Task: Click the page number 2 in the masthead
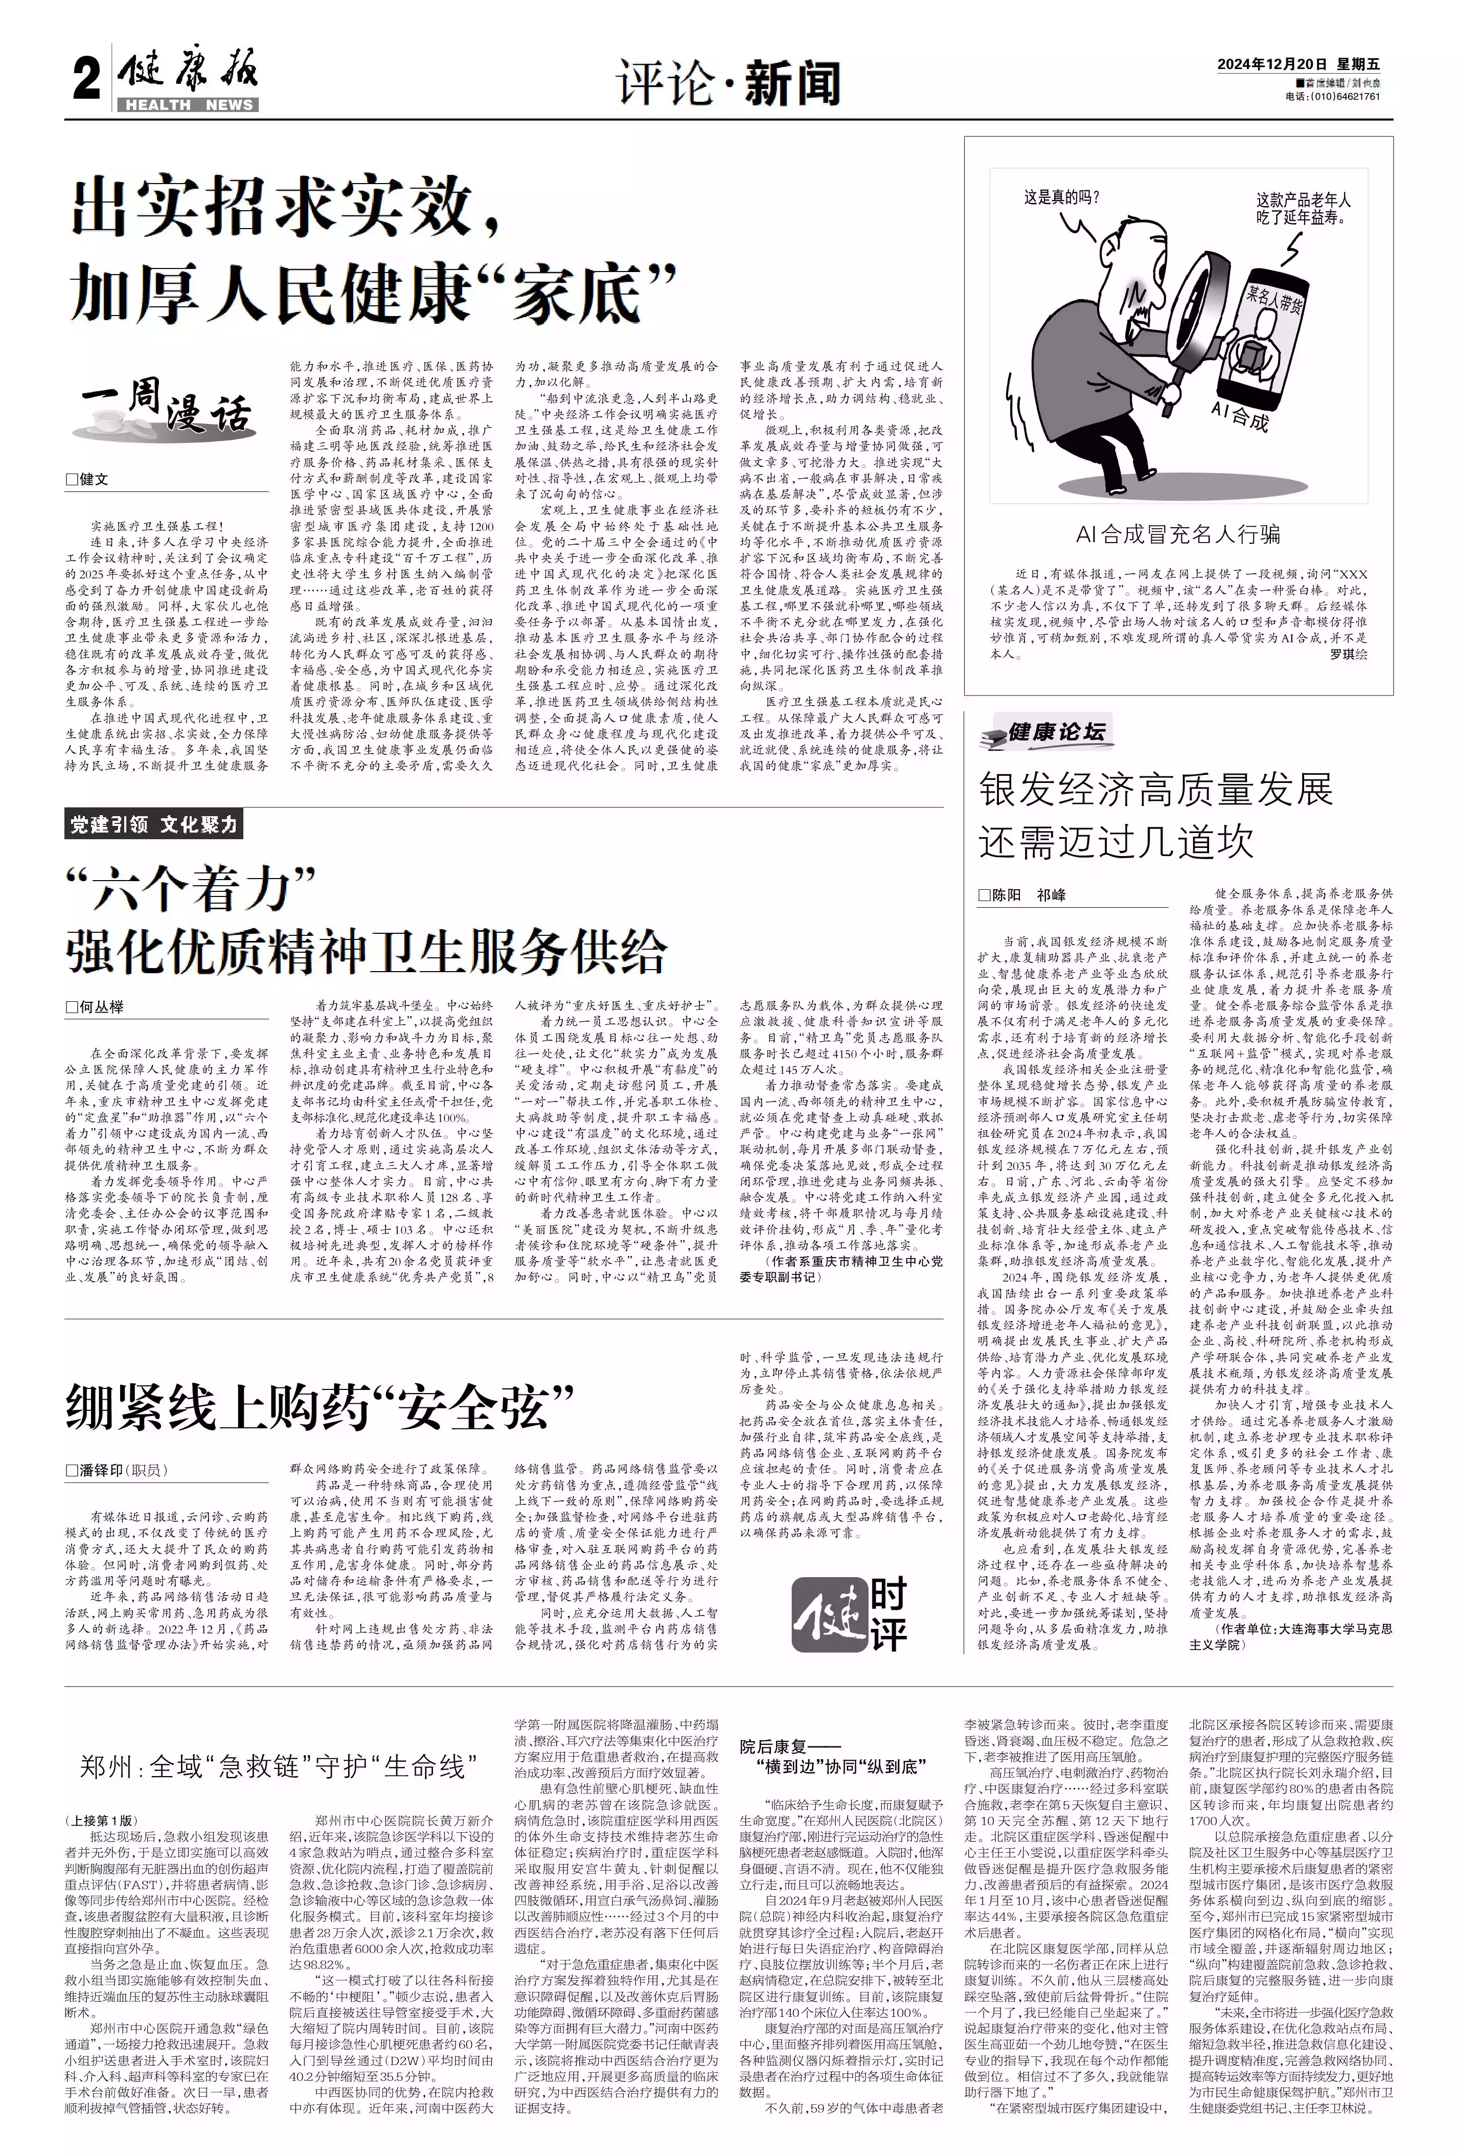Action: pos(86,82)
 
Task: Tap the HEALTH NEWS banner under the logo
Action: pos(188,105)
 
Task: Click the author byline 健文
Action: pos(88,479)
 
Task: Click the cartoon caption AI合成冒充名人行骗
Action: pos(1178,533)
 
